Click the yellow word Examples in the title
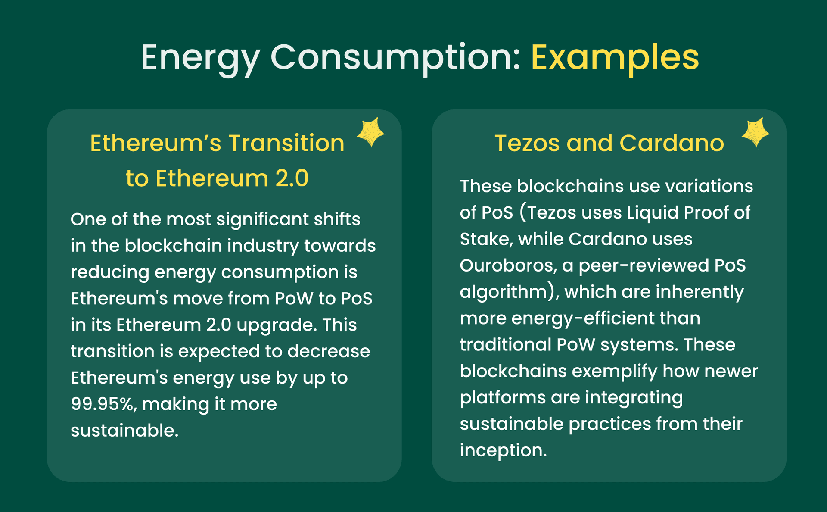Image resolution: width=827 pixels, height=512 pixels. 615,58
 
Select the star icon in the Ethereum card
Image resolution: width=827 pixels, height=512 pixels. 371,132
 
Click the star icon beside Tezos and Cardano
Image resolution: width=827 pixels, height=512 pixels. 755,132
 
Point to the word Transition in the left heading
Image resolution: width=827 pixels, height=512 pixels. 286,143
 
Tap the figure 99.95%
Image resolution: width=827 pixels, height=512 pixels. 104,405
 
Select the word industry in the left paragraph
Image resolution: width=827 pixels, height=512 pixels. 263,246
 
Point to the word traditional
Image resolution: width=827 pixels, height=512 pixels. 506,345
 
